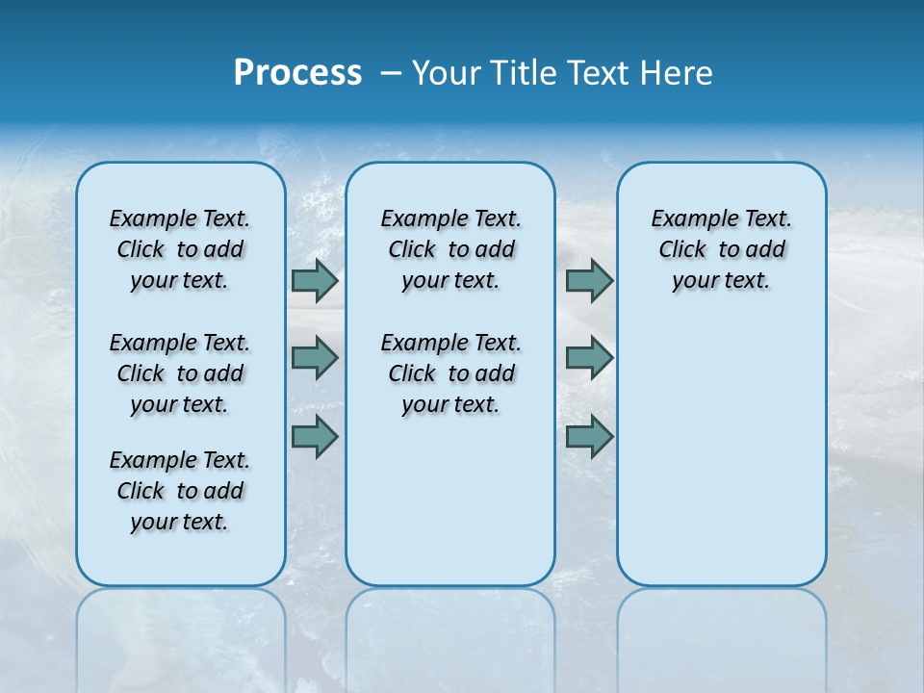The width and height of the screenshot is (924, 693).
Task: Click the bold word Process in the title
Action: click(297, 73)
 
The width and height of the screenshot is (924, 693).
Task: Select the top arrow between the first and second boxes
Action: click(315, 281)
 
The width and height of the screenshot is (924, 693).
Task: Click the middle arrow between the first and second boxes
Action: click(315, 358)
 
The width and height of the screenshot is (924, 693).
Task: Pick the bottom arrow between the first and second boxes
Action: click(315, 437)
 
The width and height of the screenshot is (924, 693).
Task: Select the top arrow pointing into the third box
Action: click(589, 281)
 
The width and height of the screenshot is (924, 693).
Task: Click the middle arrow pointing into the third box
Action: click(589, 358)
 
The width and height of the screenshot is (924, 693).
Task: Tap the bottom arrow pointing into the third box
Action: click(589, 437)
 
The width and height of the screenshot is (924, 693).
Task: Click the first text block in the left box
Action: click(180, 249)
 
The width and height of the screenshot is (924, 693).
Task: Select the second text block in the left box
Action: click(180, 373)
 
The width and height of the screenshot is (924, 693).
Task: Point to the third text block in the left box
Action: click(180, 491)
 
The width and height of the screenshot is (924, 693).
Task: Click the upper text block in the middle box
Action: click(450, 249)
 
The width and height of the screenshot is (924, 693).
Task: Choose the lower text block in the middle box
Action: click(450, 373)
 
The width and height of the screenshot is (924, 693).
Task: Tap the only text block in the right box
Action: click(721, 249)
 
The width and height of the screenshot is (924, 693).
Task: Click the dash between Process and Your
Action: click(391, 73)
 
